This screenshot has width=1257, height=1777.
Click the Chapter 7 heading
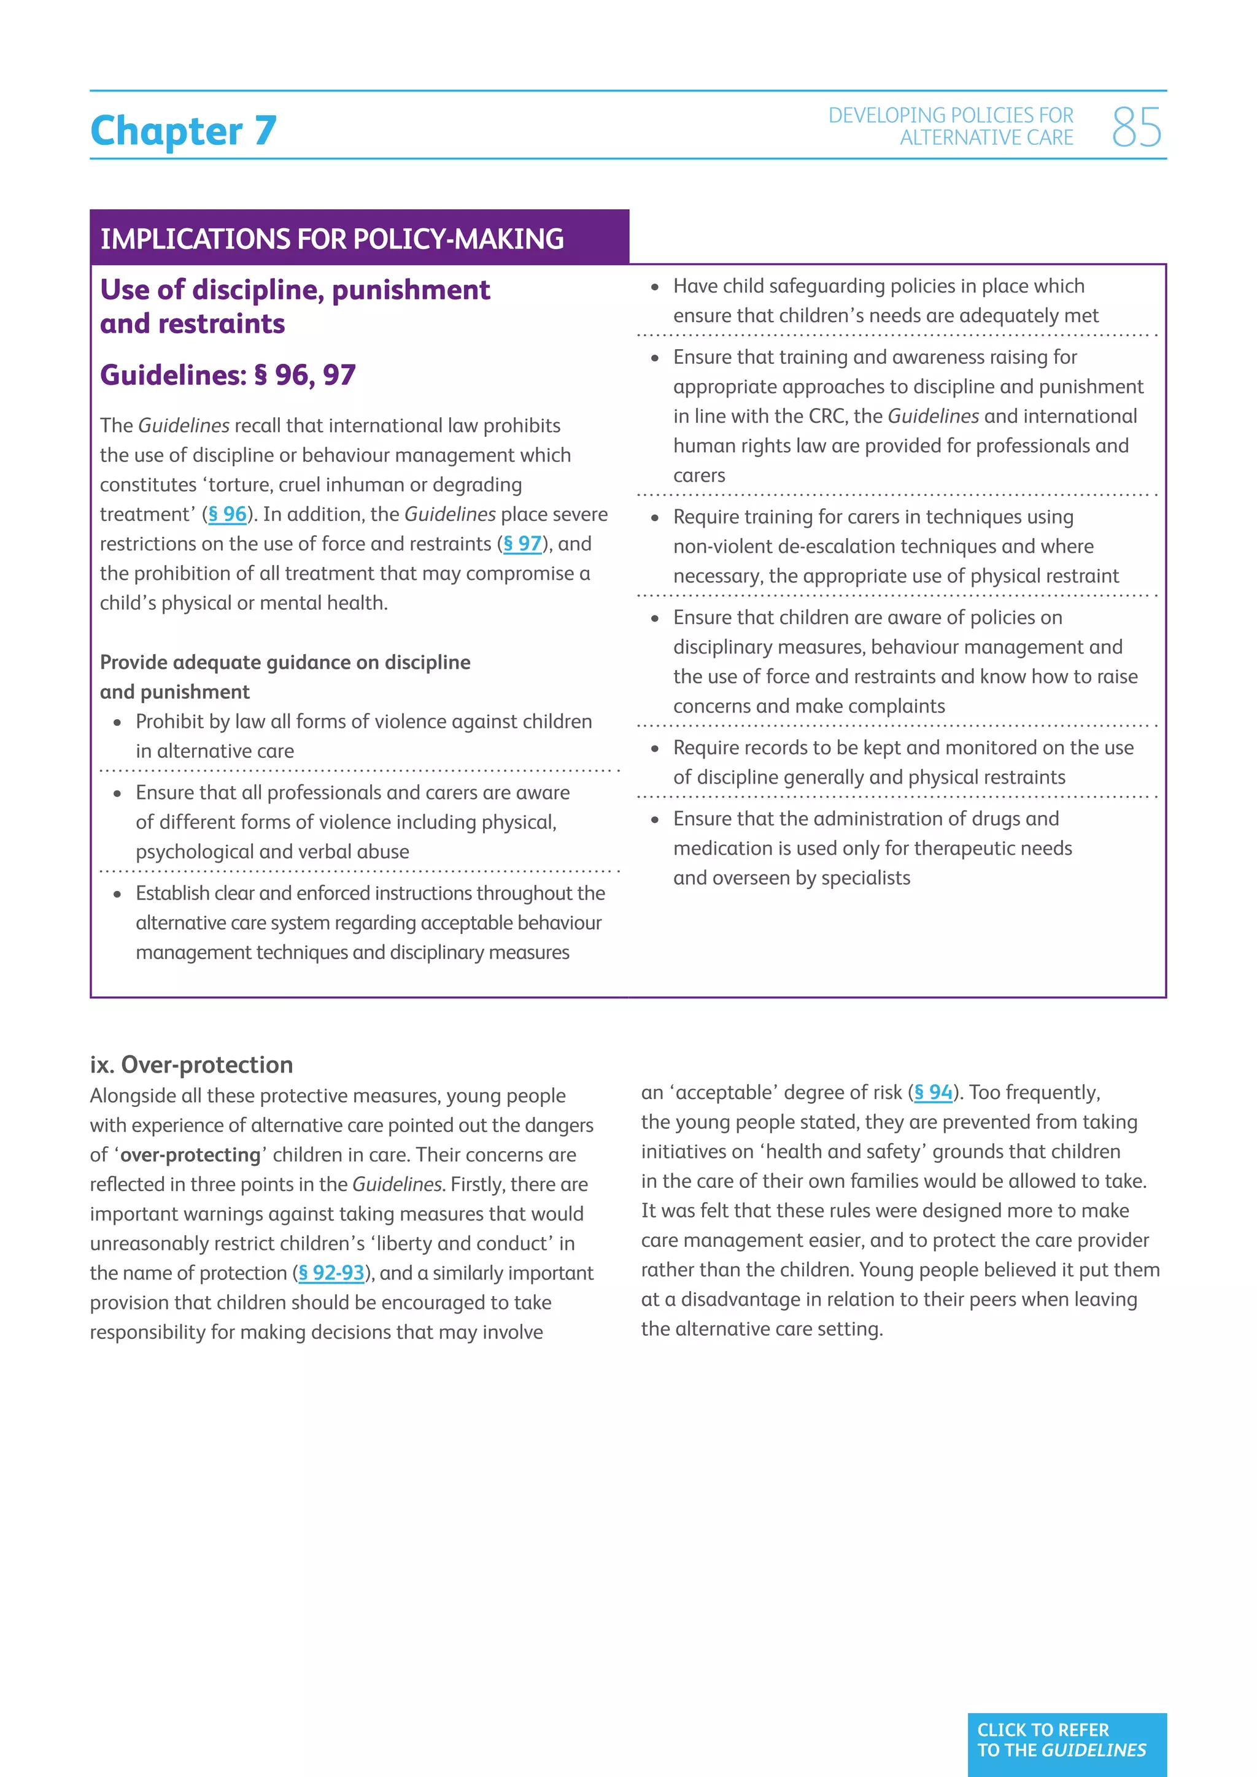pos(184,130)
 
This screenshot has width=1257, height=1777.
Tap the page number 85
pos(1135,128)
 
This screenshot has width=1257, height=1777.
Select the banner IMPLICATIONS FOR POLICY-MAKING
pos(332,238)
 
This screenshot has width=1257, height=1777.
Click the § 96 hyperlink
pos(226,514)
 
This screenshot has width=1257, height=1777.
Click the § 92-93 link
pos(331,1273)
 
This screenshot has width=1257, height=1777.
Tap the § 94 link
pos(934,1092)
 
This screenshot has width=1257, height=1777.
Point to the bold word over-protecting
pos(190,1155)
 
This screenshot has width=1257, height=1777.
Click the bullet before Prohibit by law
pos(118,723)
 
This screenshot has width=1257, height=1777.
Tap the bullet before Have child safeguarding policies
pos(655,287)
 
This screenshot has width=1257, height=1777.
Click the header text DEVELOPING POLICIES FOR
pos(951,115)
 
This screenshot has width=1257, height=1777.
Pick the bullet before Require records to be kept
pos(655,749)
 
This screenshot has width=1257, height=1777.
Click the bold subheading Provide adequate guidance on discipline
pos(285,663)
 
